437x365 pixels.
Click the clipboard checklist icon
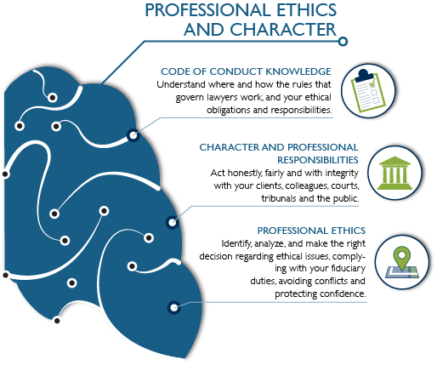(368, 90)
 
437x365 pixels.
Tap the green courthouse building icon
(394, 173)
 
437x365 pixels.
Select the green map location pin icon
(402, 262)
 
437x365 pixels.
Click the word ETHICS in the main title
(306, 10)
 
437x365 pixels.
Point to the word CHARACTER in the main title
(283, 30)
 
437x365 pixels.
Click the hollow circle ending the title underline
(343, 42)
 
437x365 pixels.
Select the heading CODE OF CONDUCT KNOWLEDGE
(246, 71)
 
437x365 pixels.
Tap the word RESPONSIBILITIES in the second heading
(318, 160)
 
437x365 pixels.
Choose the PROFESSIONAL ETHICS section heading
(311, 231)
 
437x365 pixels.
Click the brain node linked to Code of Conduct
(133, 135)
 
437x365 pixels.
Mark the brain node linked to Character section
(172, 222)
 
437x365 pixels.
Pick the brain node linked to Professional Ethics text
(173, 307)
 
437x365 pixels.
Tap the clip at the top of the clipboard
(364, 75)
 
